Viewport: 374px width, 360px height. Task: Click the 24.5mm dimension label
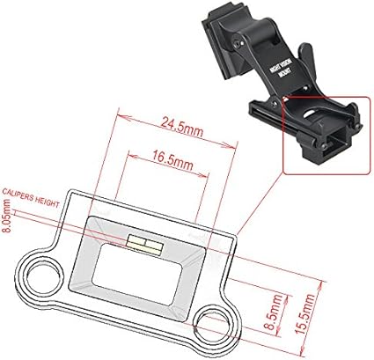pyautogui.click(x=181, y=127)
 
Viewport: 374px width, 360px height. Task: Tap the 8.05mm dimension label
pyautogui.click(x=6, y=216)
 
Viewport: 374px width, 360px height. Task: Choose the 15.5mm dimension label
pyautogui.click(x=305, y=313)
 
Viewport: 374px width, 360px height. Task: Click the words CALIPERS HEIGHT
pyautogui.click(x=31, y=198)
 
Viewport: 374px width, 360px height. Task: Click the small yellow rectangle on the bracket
pyautogui.click(x=145, y=246)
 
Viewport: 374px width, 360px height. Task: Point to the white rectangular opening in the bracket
pyautogui.click(x=138, y=269)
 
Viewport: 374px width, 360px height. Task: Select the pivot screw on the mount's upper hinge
pyautogui.click(x=239, y=43)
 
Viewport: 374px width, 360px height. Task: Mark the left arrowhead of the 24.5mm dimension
pyautogui.click(x=122, y=116)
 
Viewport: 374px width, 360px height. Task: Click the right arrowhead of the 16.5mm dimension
pyautogui.click(x=203, y=175)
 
